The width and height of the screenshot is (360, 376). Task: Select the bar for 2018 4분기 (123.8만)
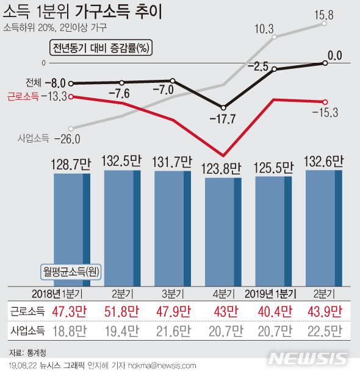click(223, 232)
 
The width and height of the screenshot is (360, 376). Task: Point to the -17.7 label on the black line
click(223, 119)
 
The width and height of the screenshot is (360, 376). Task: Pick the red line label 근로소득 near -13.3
click(23, 96)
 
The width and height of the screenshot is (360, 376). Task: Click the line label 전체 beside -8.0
click(34, 83)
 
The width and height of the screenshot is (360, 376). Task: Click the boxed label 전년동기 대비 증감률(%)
click(101, 48)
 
